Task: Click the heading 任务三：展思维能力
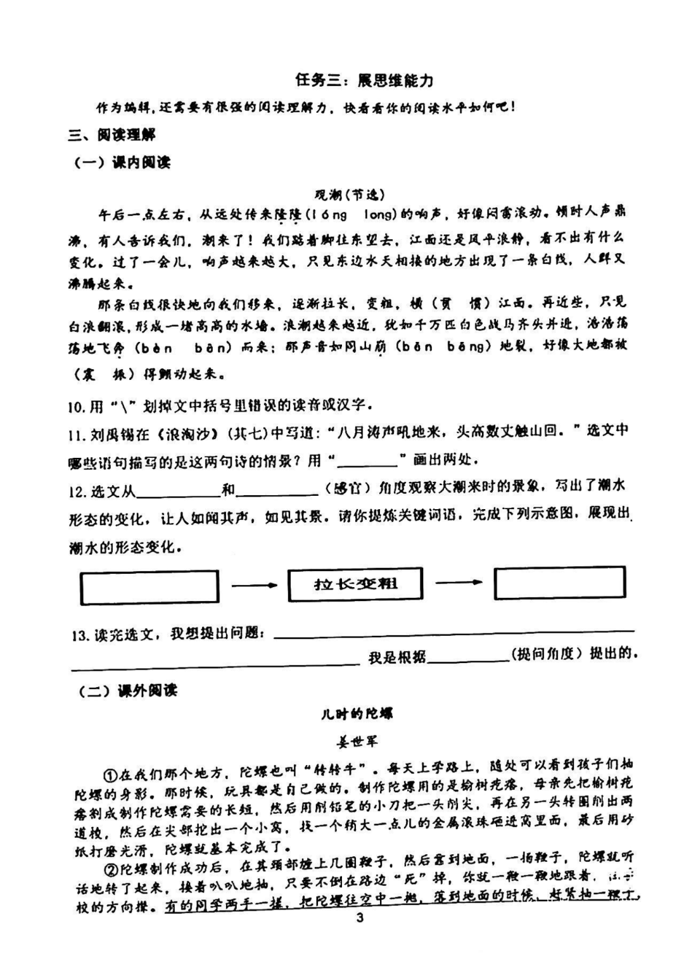click(x=364, y=80)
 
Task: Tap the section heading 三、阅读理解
click(x=112, y=135)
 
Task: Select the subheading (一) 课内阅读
click(x=122, y=163)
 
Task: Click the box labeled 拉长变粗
click(x=355, y=584)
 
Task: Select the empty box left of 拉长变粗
click(x=150, y=587)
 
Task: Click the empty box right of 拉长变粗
click(x=560, y=583)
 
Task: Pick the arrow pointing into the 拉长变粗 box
click(x=254, y=585)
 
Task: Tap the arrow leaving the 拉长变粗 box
click(x=459, y=583)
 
